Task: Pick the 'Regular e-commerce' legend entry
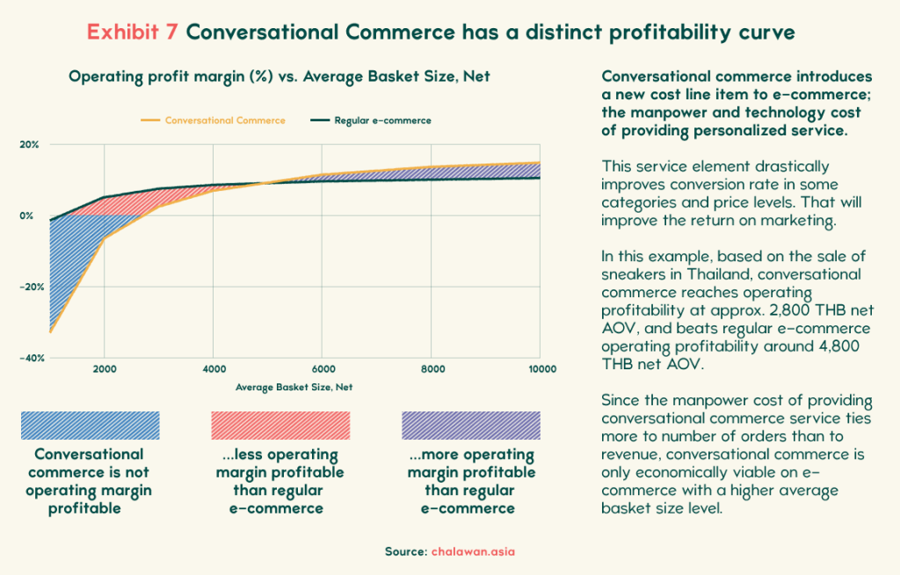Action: point(382,120)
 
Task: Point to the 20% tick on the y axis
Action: point(29,144)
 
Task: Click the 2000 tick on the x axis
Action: point(105,370)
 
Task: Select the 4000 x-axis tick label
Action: point(214,370)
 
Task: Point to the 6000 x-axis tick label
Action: point(323,370)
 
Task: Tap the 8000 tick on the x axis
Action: point(432,370)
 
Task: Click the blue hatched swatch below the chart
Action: point(91,426)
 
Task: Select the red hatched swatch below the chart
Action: point(280,426)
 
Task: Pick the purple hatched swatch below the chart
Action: point(471,426)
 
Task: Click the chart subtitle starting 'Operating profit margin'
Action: point(279,77)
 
